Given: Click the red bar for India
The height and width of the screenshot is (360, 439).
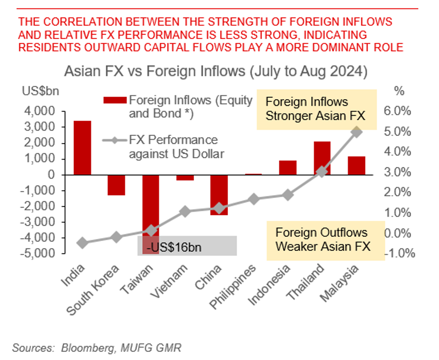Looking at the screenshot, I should (82, 148).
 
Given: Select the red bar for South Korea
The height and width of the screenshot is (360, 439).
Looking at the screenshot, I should (116, 185).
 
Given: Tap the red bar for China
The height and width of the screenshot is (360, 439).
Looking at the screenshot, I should (219, 195).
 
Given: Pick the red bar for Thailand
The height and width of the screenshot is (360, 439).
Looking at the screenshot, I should (322, 158).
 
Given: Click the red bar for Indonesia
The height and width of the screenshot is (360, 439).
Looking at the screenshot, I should (288, 168).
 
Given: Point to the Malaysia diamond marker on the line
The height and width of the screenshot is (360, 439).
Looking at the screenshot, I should (357, 132).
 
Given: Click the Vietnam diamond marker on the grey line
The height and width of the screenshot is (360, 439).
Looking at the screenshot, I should (185, 211).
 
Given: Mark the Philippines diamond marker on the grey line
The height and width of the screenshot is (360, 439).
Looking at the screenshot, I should (253, 199).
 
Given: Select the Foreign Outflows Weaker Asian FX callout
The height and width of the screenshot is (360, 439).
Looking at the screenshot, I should (323, 239).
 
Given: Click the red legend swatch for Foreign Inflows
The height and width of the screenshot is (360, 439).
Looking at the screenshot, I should (115, 100).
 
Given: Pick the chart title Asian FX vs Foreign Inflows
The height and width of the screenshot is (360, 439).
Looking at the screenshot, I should (215, 71).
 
